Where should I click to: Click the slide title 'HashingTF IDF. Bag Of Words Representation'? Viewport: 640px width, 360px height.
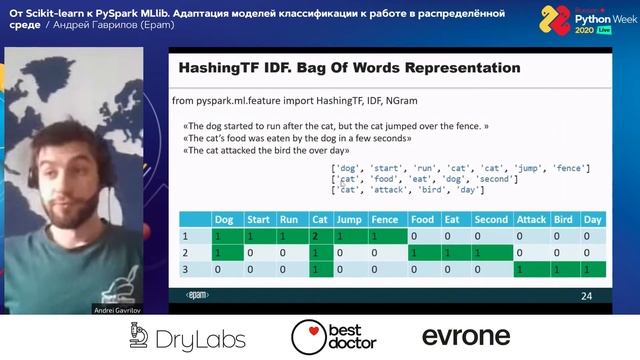348,69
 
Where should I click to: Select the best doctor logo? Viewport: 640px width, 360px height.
334,337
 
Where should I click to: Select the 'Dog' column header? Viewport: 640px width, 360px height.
222,219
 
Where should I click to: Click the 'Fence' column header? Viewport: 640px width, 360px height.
383,219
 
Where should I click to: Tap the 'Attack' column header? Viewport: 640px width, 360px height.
530,219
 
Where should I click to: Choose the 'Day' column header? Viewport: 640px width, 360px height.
593,219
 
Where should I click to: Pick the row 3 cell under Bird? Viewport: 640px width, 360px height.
563,271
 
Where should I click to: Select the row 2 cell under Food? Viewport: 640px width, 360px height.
422,254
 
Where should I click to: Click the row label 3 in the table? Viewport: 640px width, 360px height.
184,271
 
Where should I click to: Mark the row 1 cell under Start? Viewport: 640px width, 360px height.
257,237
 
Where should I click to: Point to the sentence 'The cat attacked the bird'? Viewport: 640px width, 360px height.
270,150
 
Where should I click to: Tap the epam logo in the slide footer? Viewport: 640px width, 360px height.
197,296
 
